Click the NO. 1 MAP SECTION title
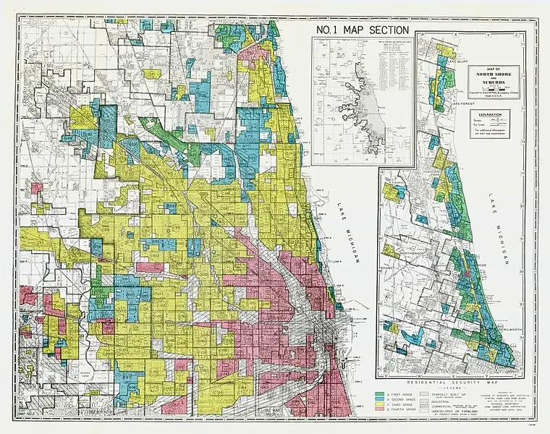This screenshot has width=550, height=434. tap(363, 30)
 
